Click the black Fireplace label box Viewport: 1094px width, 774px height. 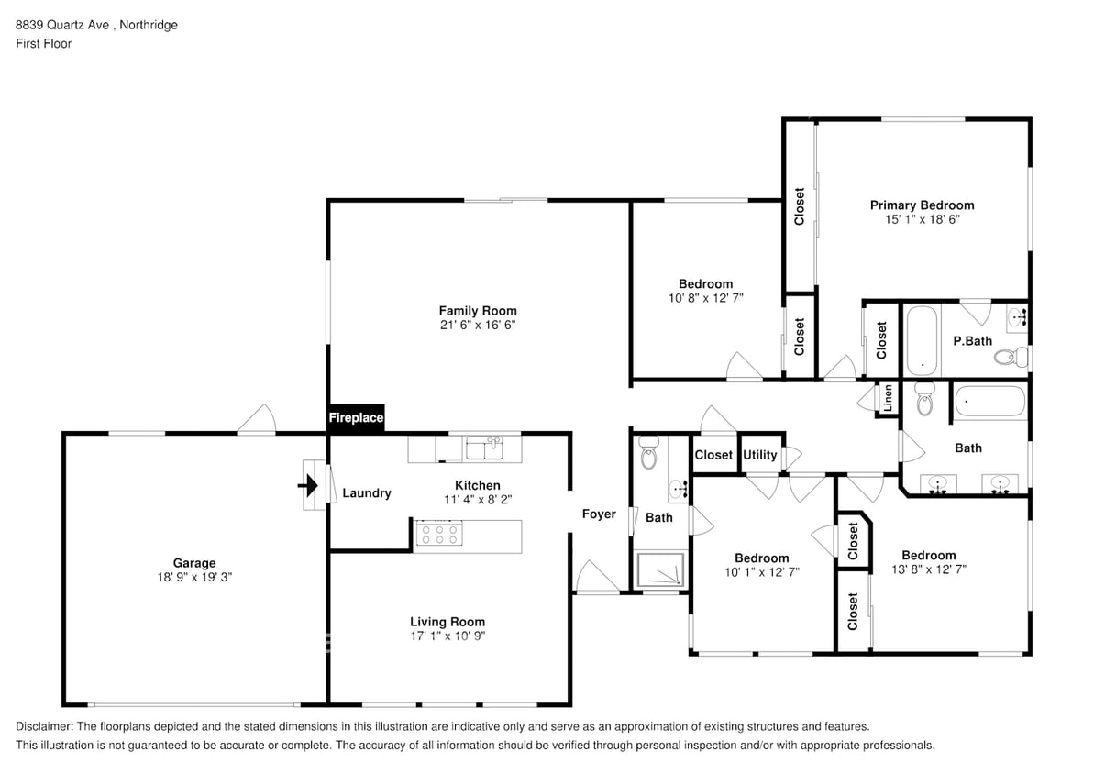pyautogui.click(x=357, y=417)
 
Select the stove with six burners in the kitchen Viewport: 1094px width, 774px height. pyautogui.click(x=437, y=536)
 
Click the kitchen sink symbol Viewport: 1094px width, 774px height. pyautogui.click(x=484, y=448)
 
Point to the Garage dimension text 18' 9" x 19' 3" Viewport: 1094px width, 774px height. pyautogui.click(x=194, y=578)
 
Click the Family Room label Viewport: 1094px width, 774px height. pyautogui.click(x=477, y=311)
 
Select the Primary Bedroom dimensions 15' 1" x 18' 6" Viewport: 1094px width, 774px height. pyautogui.click(x=922, y=219)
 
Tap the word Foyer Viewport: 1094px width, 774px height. pyautogui.click(x=599, y=514)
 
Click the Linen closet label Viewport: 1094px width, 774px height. pyautogui.click(x=887, y=397)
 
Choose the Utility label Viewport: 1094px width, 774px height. pyautogui.click(x=759, y=455)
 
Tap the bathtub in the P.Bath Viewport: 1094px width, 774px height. pyautogui.click(x=922, y=340)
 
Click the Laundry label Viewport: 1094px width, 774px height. pyautogui.click(x=367, y=493)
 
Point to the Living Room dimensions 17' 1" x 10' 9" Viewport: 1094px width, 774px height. pyautogui.click(x=447, y=636)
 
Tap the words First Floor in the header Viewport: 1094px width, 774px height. pyautogui.click(x=43, y=43)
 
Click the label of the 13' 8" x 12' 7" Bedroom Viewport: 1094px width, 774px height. pyautogui.click(x=928, y=556)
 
